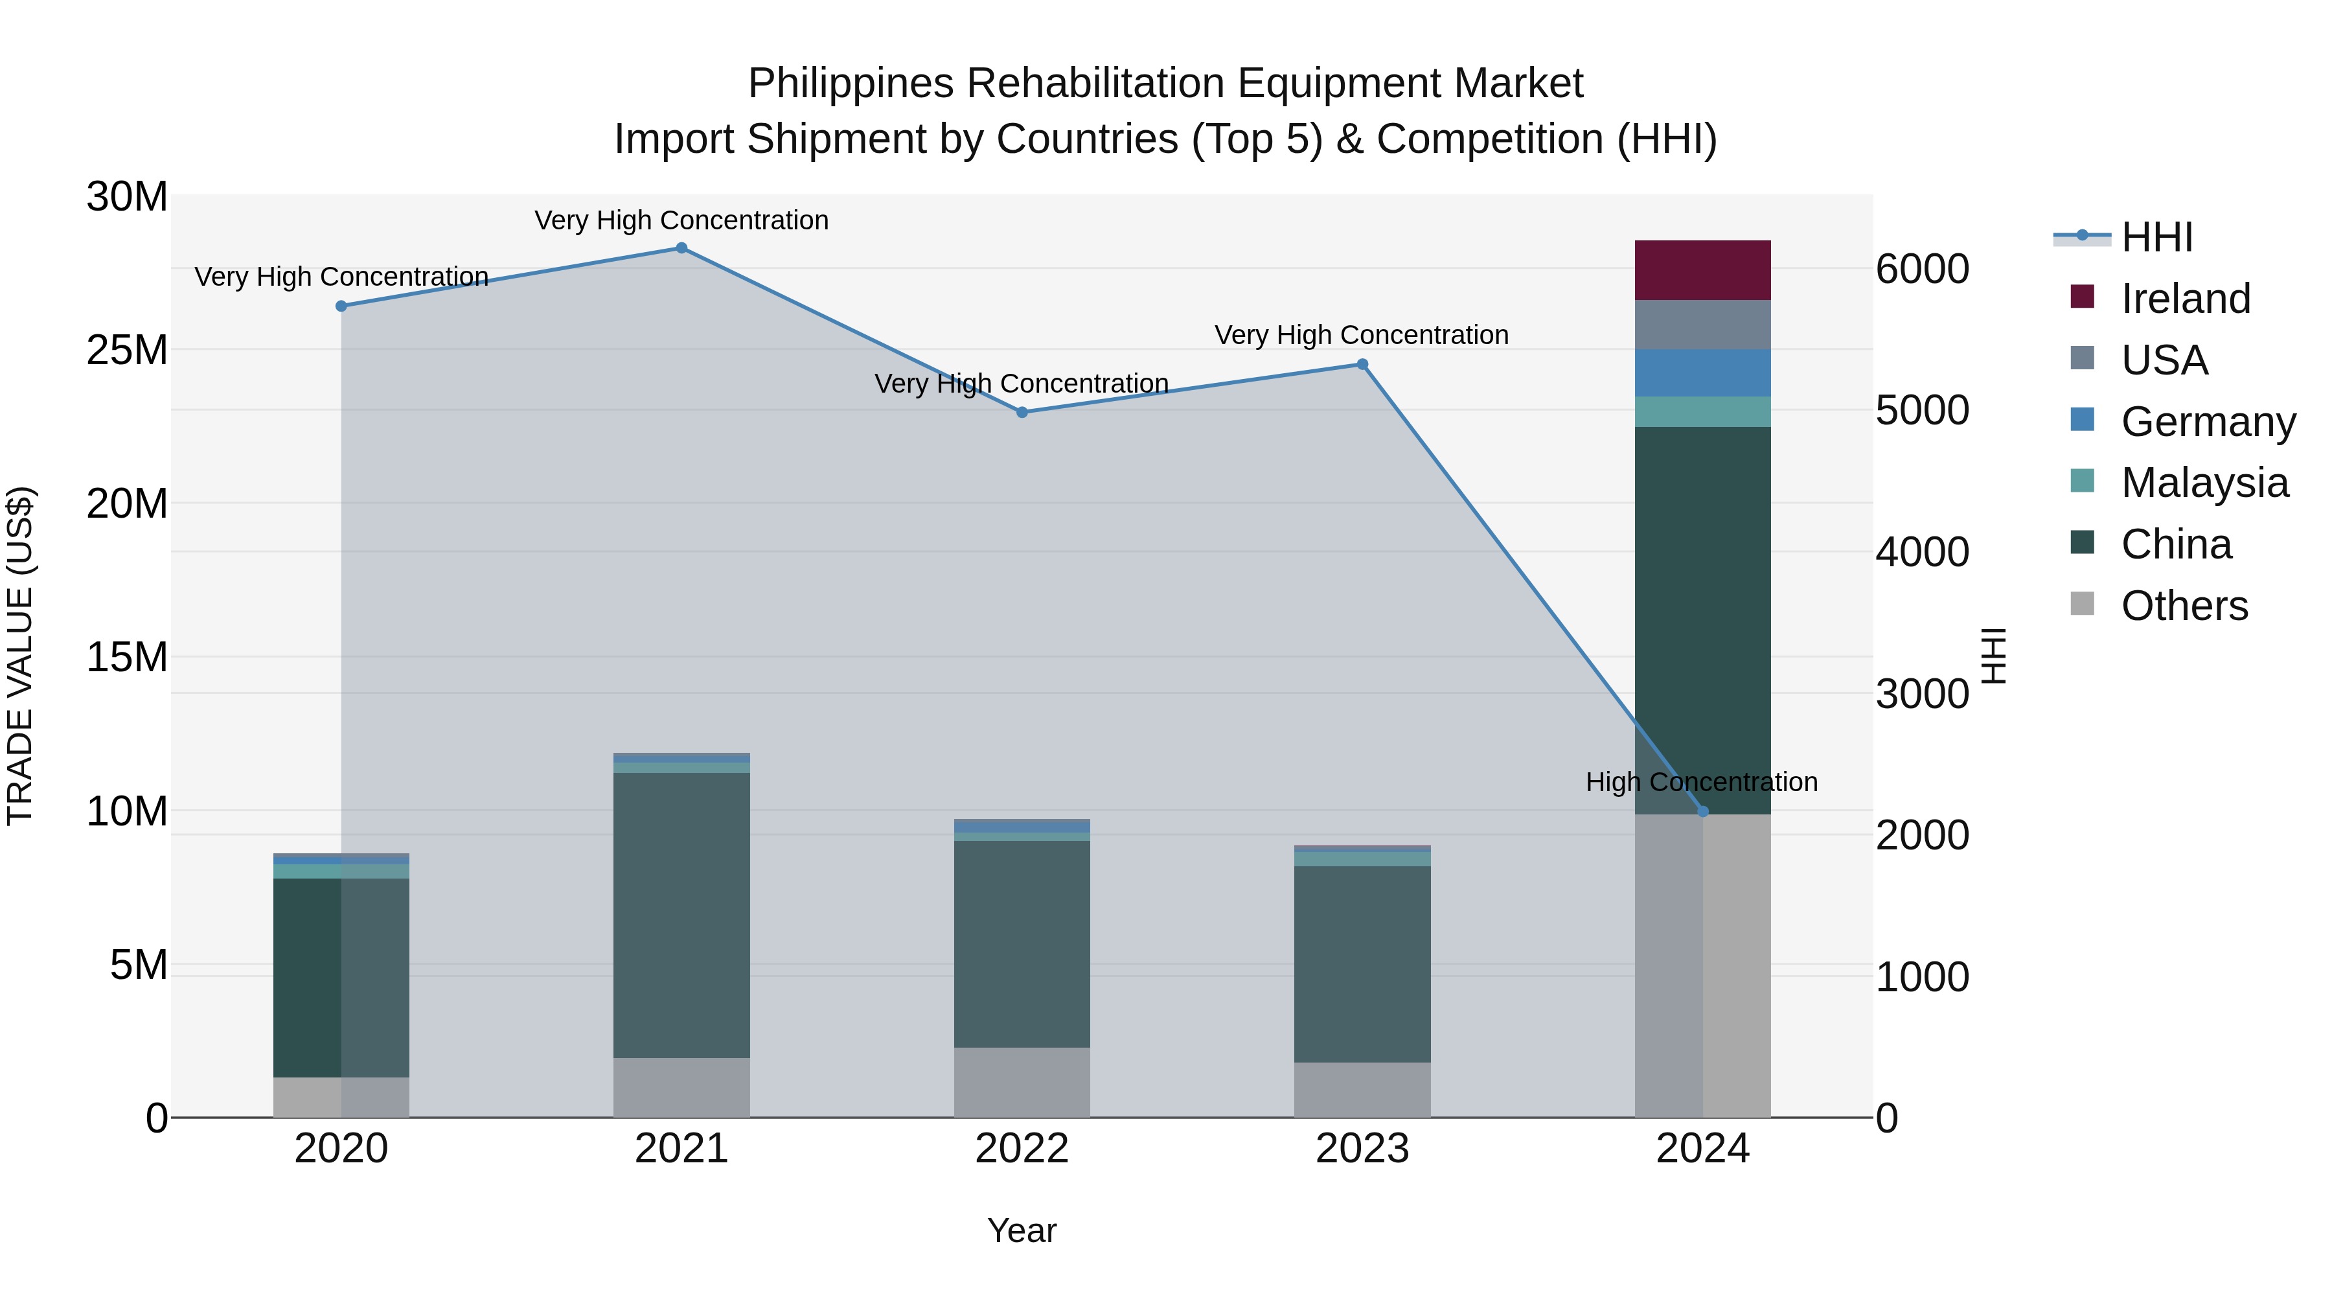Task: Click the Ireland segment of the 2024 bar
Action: [1702, 270]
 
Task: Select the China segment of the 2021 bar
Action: [681, 914]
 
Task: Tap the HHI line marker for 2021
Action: [681, 248]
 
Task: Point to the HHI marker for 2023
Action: [1362, 365]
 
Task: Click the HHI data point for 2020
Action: [341, 306]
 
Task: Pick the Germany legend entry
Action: [2207, 422]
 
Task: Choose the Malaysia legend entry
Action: [2204, 483]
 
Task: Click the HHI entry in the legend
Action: [2156, 237]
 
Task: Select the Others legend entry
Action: [2184, 606]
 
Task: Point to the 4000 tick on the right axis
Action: [1921, 552]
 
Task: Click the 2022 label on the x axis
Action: [1021, 1149]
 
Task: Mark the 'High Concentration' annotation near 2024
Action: [1701, 781]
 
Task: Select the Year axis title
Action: [1021, 1230]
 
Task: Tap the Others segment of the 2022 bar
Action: [1021, 1082]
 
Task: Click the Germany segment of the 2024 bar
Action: [1702, 373]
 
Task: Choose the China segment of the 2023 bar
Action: [1362, 963]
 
